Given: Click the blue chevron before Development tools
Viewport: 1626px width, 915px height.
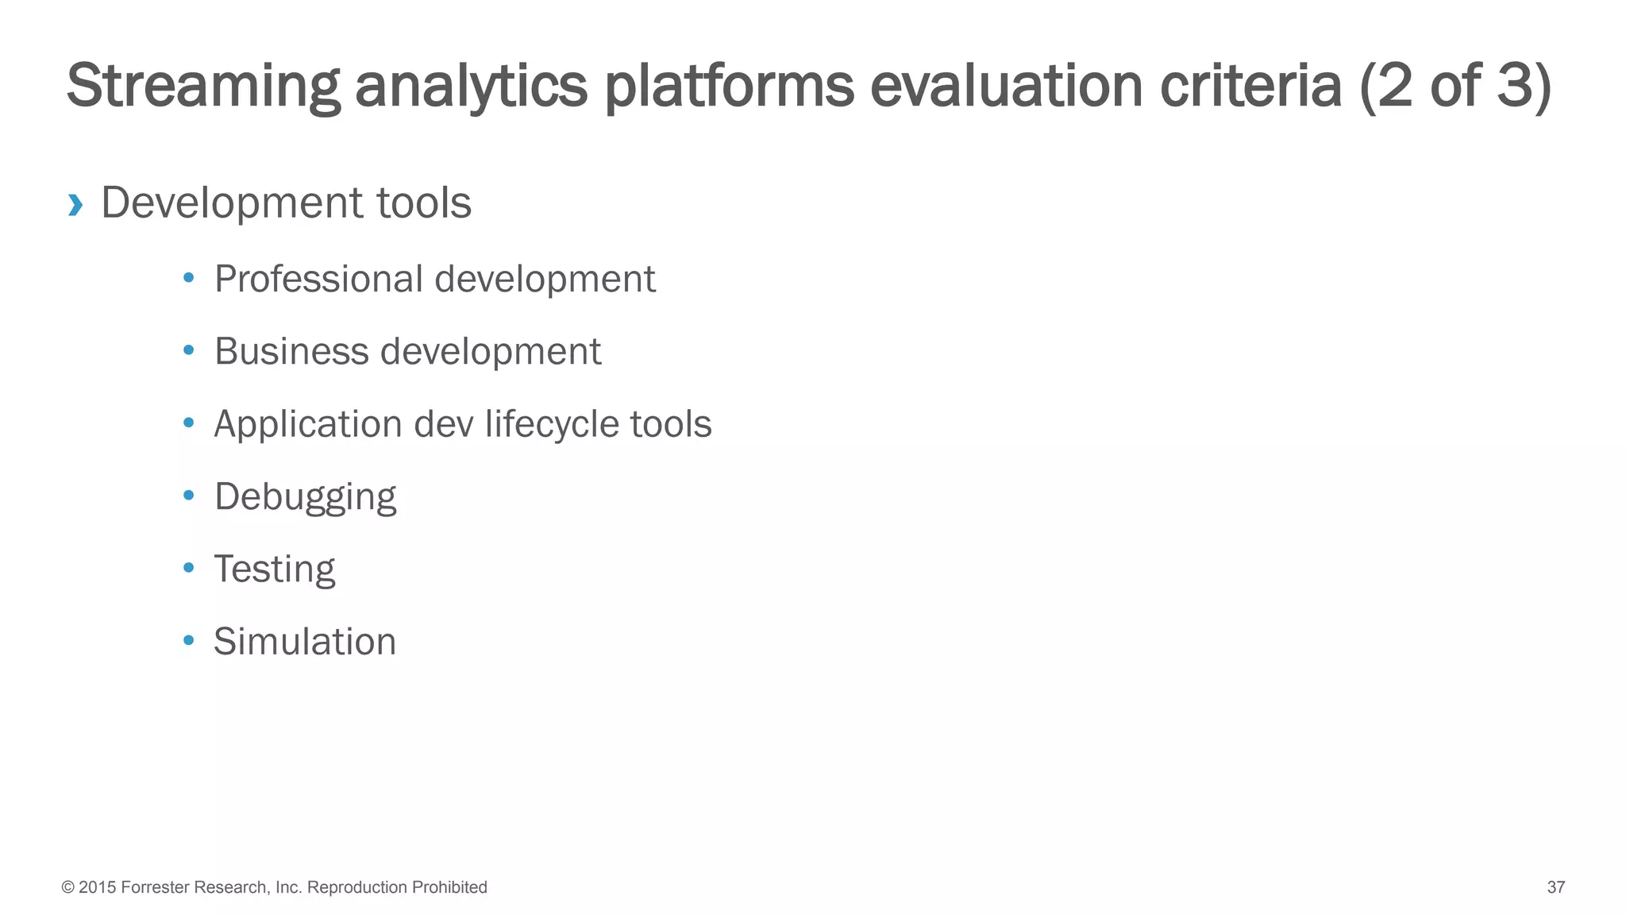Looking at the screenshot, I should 75,205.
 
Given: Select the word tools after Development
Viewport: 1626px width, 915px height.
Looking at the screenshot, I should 424,203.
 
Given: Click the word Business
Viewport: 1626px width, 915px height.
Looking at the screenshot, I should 291,352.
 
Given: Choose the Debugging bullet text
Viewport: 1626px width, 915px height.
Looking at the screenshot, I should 305,497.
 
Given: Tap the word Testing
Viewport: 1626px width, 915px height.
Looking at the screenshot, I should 274,569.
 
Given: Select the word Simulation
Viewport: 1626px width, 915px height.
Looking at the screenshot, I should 304,642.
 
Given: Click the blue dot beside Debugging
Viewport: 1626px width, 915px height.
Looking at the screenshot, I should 188,496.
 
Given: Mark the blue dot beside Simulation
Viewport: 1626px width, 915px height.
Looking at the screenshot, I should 188,640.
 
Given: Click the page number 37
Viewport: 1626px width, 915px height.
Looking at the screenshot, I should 1555,887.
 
